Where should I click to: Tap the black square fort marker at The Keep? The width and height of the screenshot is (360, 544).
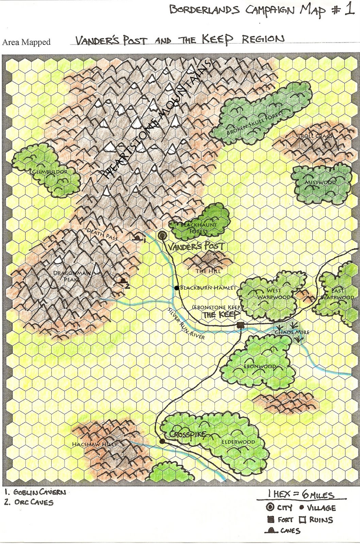[x=241, y=325]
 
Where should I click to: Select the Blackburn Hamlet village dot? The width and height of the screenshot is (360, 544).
[x=176, y=288]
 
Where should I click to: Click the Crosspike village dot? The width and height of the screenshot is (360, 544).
[x=162, y=441]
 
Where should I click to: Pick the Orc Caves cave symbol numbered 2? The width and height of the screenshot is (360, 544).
[x=123, y=281]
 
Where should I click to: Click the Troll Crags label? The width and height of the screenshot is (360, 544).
[x=315, y=136]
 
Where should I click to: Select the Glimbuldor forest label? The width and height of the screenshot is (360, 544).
[x=50, y=172]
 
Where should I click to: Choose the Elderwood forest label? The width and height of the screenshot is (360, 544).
[x=238, y=442]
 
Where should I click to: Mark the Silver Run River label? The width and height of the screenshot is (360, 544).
[x=187, y=324]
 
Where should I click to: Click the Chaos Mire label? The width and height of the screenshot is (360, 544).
[x=292, y=332]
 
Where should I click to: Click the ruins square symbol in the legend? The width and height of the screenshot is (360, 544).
[x=303, y=520]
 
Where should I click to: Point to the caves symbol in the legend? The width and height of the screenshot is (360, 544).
[x=272, y=530]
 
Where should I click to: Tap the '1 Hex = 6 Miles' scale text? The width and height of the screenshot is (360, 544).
[x=301, y=494]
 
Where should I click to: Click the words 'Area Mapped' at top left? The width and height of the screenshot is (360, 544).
[x=26, y=42]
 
